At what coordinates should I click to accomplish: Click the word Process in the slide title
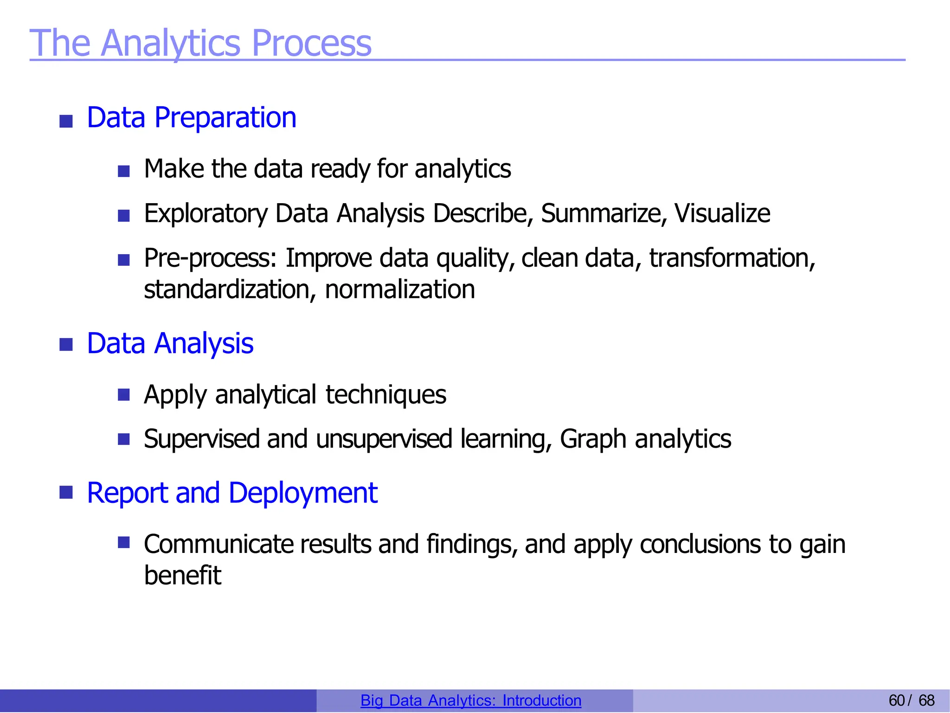click(311, 43)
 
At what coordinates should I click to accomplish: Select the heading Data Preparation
click(191, 117)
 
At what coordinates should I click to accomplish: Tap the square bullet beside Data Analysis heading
click(66, 345)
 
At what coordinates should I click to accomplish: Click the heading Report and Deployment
click(232, 493)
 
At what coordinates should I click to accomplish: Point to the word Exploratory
click(205, 214)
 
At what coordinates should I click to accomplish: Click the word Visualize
click(722, 214)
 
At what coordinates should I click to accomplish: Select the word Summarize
click(603, 214)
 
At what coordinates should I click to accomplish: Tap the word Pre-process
click(210, 258)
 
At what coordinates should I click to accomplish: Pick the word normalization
click(399, 290)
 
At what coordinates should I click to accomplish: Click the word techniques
click(385, 395)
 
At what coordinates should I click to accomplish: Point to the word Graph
click(593, 439)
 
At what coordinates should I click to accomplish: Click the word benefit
click(182, 576)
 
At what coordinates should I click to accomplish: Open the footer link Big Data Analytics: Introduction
click(470, 700)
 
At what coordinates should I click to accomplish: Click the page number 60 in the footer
click(896, 700)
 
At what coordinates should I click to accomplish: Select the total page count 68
click(926, 700)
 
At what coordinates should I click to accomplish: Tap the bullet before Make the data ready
click(123, 172)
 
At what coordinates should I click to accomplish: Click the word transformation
click(732, 258)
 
